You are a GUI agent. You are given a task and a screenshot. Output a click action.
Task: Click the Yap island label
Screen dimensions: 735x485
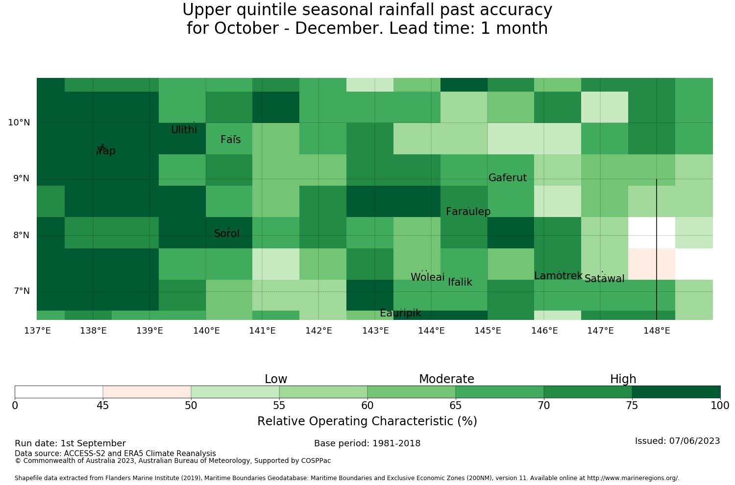pos(106,151)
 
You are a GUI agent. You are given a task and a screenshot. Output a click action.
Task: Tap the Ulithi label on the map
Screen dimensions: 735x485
pos(184,130)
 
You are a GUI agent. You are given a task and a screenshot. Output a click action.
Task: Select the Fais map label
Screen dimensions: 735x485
pos(231,140)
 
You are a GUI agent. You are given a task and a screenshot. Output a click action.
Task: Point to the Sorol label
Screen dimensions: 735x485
pos(227,233)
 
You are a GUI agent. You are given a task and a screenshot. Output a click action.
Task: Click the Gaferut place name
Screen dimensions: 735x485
pos(508,177)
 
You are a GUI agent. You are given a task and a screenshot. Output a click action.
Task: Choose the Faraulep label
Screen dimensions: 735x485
pos(468,211)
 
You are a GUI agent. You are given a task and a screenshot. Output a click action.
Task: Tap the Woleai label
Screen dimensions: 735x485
pos(428,277)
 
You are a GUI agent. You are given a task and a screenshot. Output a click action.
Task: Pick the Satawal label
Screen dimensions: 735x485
pos(604,279)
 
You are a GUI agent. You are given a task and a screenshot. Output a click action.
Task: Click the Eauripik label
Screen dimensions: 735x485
pos(400,313)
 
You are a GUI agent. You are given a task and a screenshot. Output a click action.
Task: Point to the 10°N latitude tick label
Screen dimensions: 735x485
pos(19,122)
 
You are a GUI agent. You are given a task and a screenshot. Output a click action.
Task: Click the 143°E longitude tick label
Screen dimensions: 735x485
pos(375,331)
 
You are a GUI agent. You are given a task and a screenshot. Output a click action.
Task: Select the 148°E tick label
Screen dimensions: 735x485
pos(657,331)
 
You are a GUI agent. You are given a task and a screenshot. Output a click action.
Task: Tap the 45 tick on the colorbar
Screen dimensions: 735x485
pos(103,406)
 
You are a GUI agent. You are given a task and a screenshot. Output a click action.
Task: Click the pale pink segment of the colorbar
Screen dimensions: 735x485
pos(147,392)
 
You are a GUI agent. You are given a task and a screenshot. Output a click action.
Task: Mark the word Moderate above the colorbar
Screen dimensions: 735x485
pos(446,379)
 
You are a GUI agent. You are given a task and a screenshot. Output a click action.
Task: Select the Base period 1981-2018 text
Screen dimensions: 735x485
pos(367,443)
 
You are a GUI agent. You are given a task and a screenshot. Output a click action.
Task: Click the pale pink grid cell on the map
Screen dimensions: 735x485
pos(652,264)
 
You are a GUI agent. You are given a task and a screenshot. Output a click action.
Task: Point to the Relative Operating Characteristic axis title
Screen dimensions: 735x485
pos(367,421)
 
